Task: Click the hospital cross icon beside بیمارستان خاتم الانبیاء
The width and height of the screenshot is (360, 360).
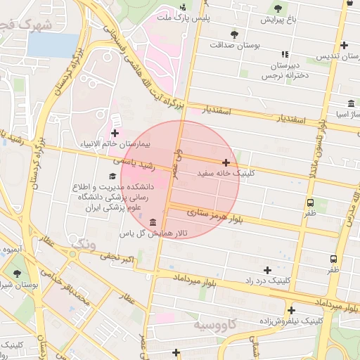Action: pos(115,133)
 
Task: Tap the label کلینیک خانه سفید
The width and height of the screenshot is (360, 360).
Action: pos(225,172)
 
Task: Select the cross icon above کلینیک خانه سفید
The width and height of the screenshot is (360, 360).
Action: pos(226,162)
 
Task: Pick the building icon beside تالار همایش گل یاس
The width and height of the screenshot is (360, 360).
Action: pos(153,222)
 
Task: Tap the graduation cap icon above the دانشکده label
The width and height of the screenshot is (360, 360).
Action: pos(112,176)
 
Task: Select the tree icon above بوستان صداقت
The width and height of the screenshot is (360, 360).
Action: pos(234,33)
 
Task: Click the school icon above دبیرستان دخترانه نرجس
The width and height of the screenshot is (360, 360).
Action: pos(284,53)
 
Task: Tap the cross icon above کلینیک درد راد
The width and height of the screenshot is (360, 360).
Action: pos(267,270)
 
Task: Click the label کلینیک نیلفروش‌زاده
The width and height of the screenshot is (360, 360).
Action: pos(291,320)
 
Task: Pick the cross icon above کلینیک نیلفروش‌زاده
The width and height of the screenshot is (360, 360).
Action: pos(291,310)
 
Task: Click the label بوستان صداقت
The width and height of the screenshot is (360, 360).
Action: pos(234,44)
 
